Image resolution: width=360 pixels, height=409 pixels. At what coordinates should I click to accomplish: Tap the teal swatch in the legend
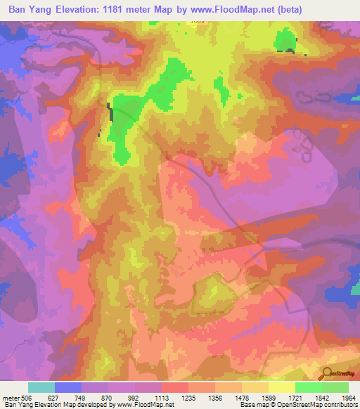pos(41,387)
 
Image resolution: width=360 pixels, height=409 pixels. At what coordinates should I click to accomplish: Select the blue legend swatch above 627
pos(68,387)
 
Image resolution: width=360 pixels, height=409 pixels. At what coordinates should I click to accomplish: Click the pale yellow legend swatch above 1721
pos(282,387)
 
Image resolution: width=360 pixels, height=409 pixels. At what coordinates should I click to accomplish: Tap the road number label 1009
pos(198,22)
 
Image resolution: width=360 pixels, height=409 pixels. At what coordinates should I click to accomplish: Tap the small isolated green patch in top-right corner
pos(285,40)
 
